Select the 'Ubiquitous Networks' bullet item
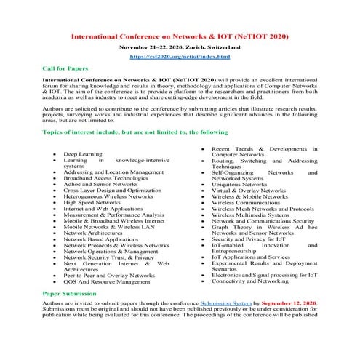(x=239, y=185)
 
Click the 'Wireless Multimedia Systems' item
(x=250, y=215)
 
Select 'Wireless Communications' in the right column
(x=245, y=201)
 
